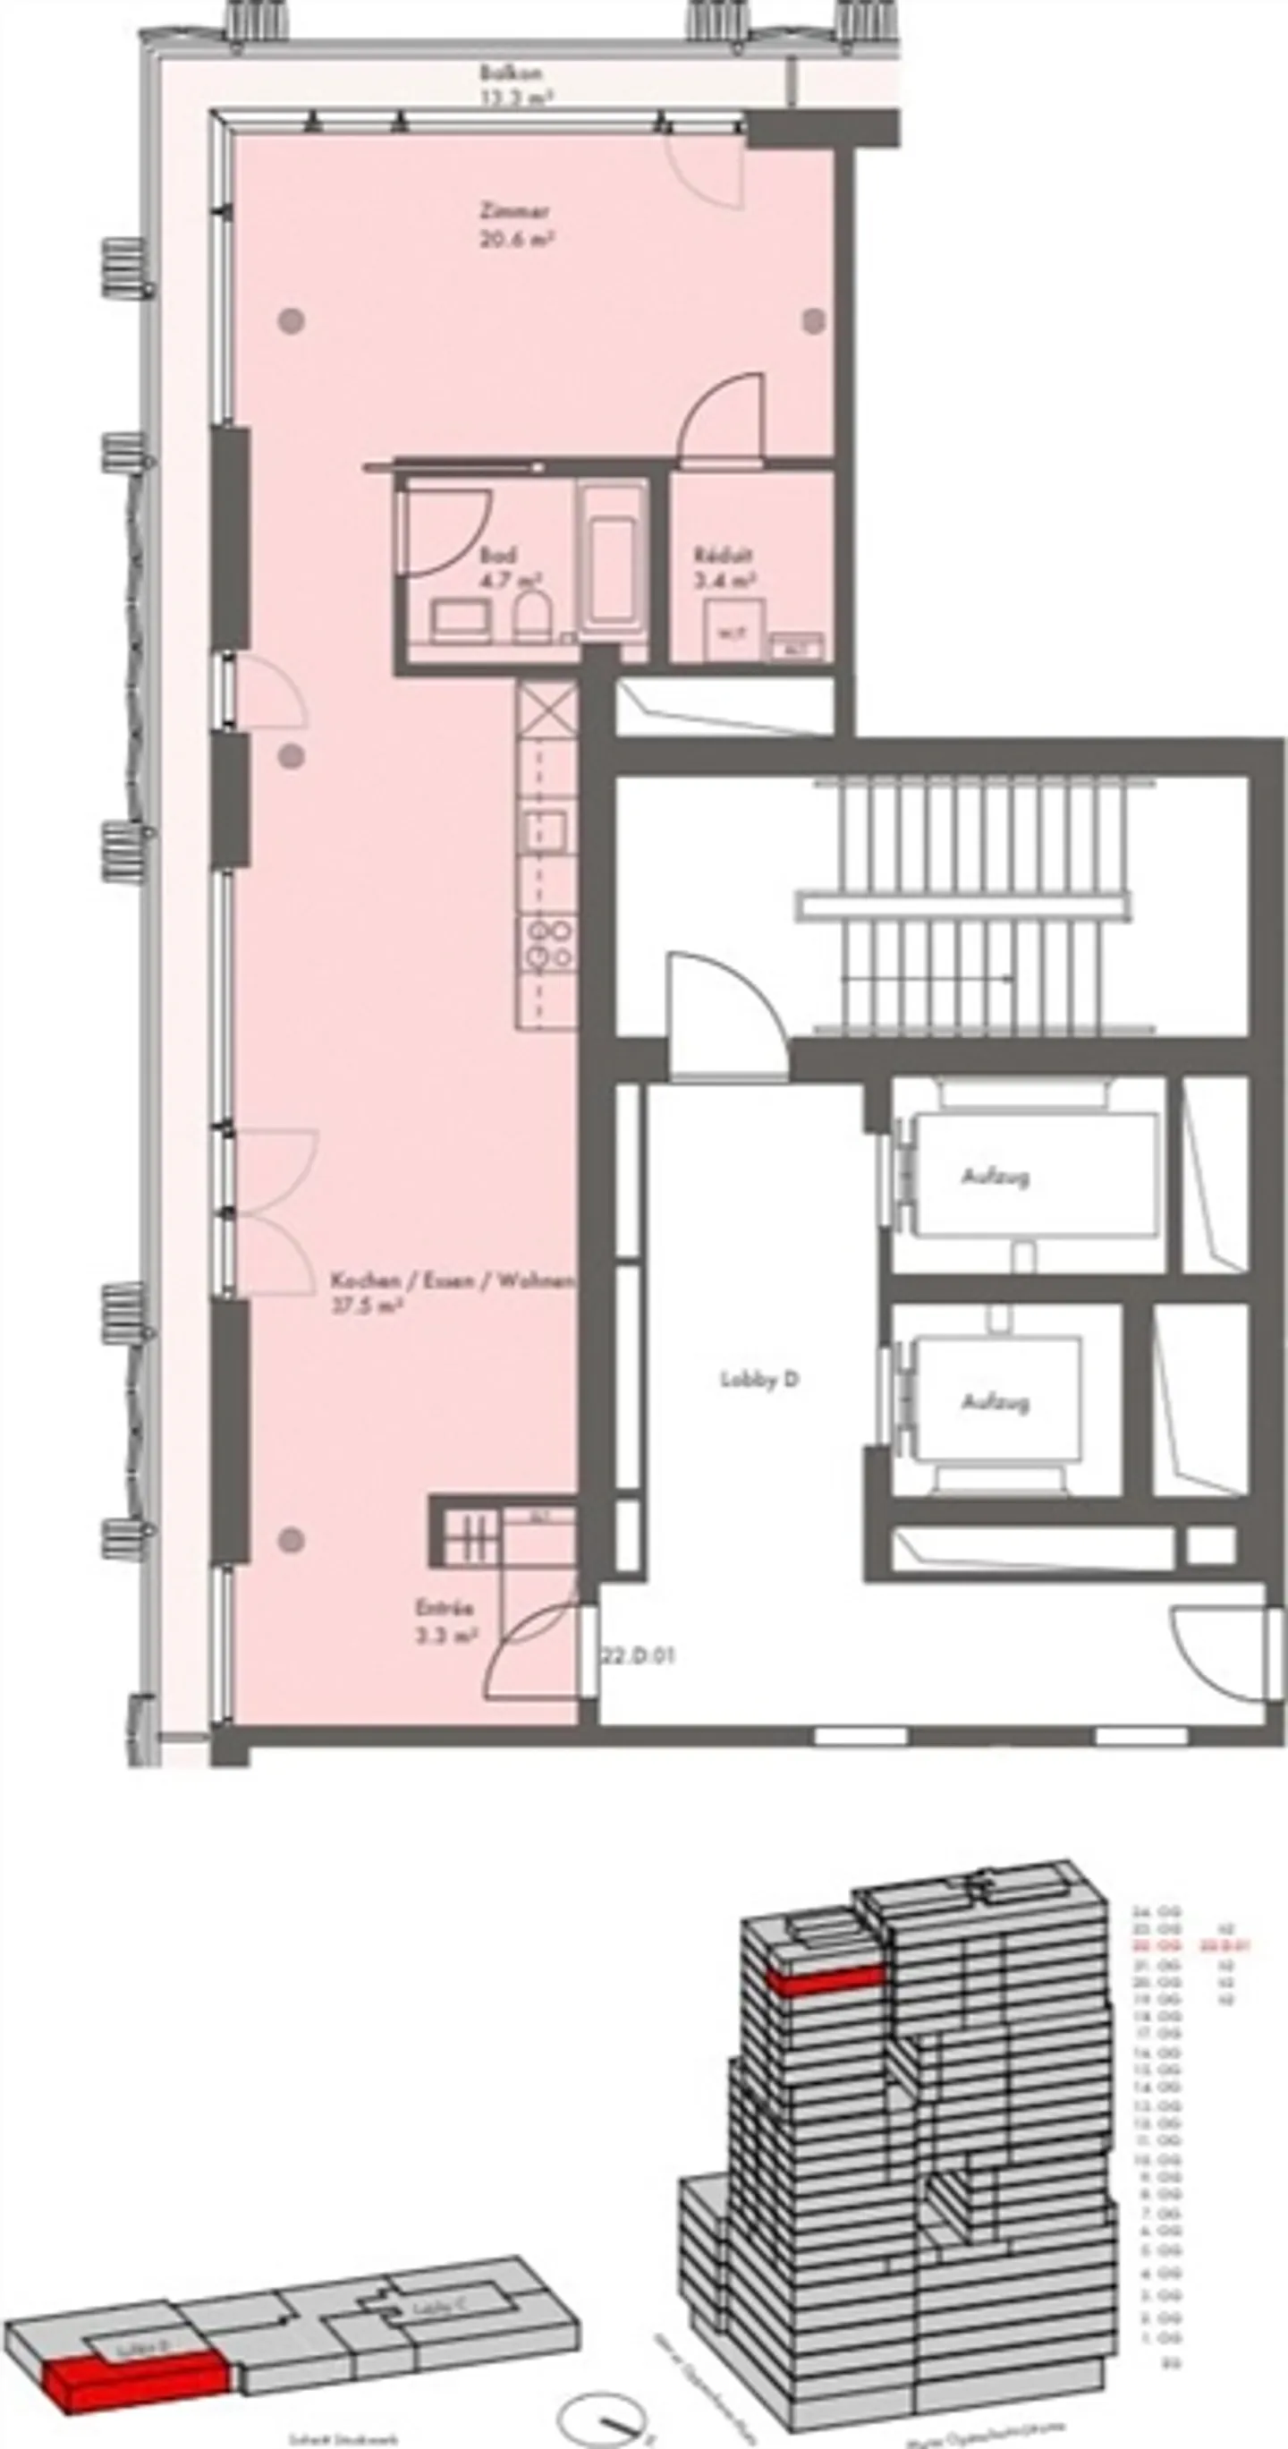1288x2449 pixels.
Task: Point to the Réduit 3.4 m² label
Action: click(x=724, y=566)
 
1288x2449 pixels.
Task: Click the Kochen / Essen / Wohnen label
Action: click(x=452, y=1292)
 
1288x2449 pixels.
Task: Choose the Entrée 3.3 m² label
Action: click(x=445, y=1622)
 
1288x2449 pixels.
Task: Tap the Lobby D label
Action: click(x=759, y=1381)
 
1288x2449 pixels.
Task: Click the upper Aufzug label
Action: click(x=996, y=1177)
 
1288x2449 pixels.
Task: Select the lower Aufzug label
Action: click(x=996, y=1402)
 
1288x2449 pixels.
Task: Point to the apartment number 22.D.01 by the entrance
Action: click(x=637, y=1655)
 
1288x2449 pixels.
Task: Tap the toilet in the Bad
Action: click(x=533, y=616)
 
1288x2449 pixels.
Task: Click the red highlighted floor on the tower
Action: click(x=825, y=1982)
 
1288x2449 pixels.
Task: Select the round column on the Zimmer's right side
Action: click(x=813, y=321)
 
